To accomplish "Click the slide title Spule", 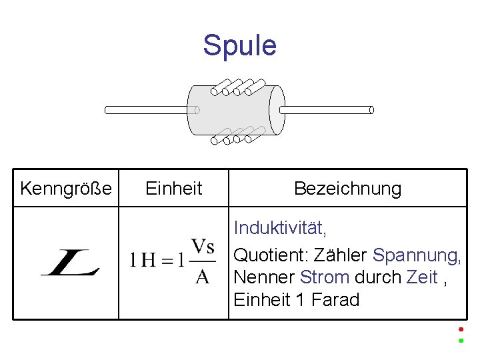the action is point(239,46).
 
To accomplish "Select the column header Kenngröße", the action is point(66,189).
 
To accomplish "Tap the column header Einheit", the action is point(173,189).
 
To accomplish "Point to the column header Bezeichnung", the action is point(347,189).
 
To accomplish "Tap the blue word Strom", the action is point(325,277).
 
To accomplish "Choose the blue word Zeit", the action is point(422,277).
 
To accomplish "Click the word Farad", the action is point(334,300).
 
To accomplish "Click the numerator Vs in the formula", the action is point(202,247).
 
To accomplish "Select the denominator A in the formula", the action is point(202,276).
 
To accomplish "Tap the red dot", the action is point(460,329).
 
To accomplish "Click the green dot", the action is point(460,341).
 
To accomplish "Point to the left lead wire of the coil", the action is point(147,110).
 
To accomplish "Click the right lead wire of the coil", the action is point(327,109).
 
